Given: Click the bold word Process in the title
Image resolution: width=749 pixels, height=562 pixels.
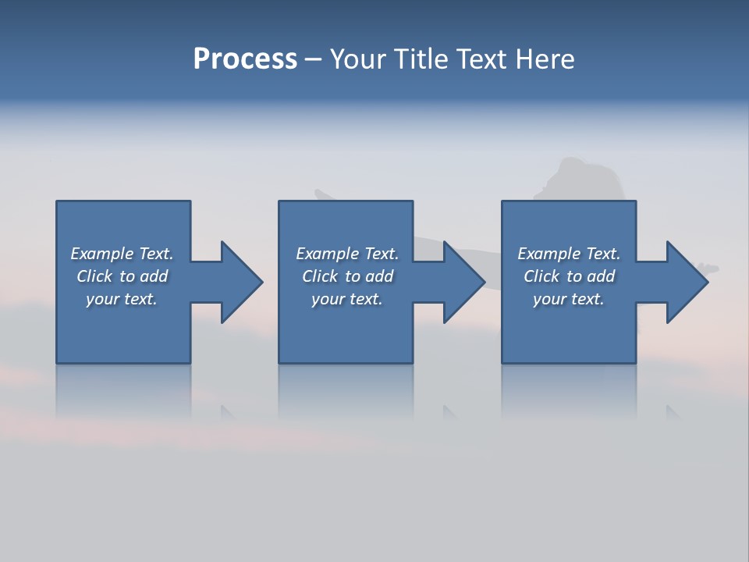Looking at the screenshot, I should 245,59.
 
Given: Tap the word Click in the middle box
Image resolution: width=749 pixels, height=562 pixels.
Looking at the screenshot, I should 319,276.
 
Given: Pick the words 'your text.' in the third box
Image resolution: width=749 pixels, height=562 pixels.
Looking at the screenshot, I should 569,299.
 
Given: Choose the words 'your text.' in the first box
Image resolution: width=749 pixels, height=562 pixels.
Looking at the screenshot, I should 122,299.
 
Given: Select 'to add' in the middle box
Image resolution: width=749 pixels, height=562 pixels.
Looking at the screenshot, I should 369,276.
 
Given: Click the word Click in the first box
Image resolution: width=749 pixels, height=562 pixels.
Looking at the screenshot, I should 94,276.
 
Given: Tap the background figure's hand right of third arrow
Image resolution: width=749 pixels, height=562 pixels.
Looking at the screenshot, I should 711,269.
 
